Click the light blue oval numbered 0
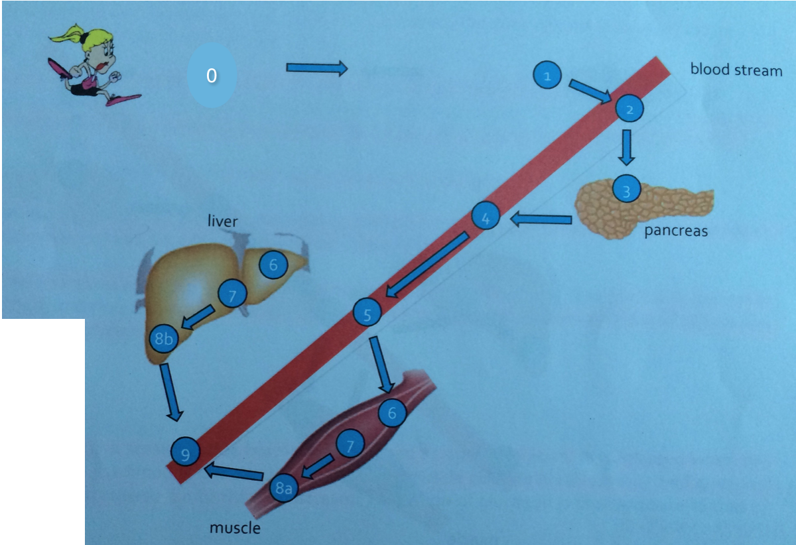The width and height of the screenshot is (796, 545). (x=212, y=76)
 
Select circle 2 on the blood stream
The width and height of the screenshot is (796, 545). (x=629, y=108)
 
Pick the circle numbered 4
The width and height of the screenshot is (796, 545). (x=486, y=217)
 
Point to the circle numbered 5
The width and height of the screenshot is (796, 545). (x=367, y=312)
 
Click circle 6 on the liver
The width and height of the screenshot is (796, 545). (x=273, y=265)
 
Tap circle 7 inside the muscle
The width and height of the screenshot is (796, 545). (x=350, y=444)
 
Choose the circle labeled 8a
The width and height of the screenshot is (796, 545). (x=284, y=489)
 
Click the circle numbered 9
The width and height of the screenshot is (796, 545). (x=185, y=454)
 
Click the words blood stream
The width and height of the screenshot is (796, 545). (x=736, y=70)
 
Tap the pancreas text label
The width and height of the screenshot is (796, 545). (x=676, y=231)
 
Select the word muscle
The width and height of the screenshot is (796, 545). (x=235, y=528)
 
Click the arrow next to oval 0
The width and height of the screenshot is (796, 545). (x=316, y=68)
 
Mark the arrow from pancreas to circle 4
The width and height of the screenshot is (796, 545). (x=541, y=219)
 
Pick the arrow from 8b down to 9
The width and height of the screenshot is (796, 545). (x=170, y=393)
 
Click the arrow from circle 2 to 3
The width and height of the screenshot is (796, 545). (x=626, y=147)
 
